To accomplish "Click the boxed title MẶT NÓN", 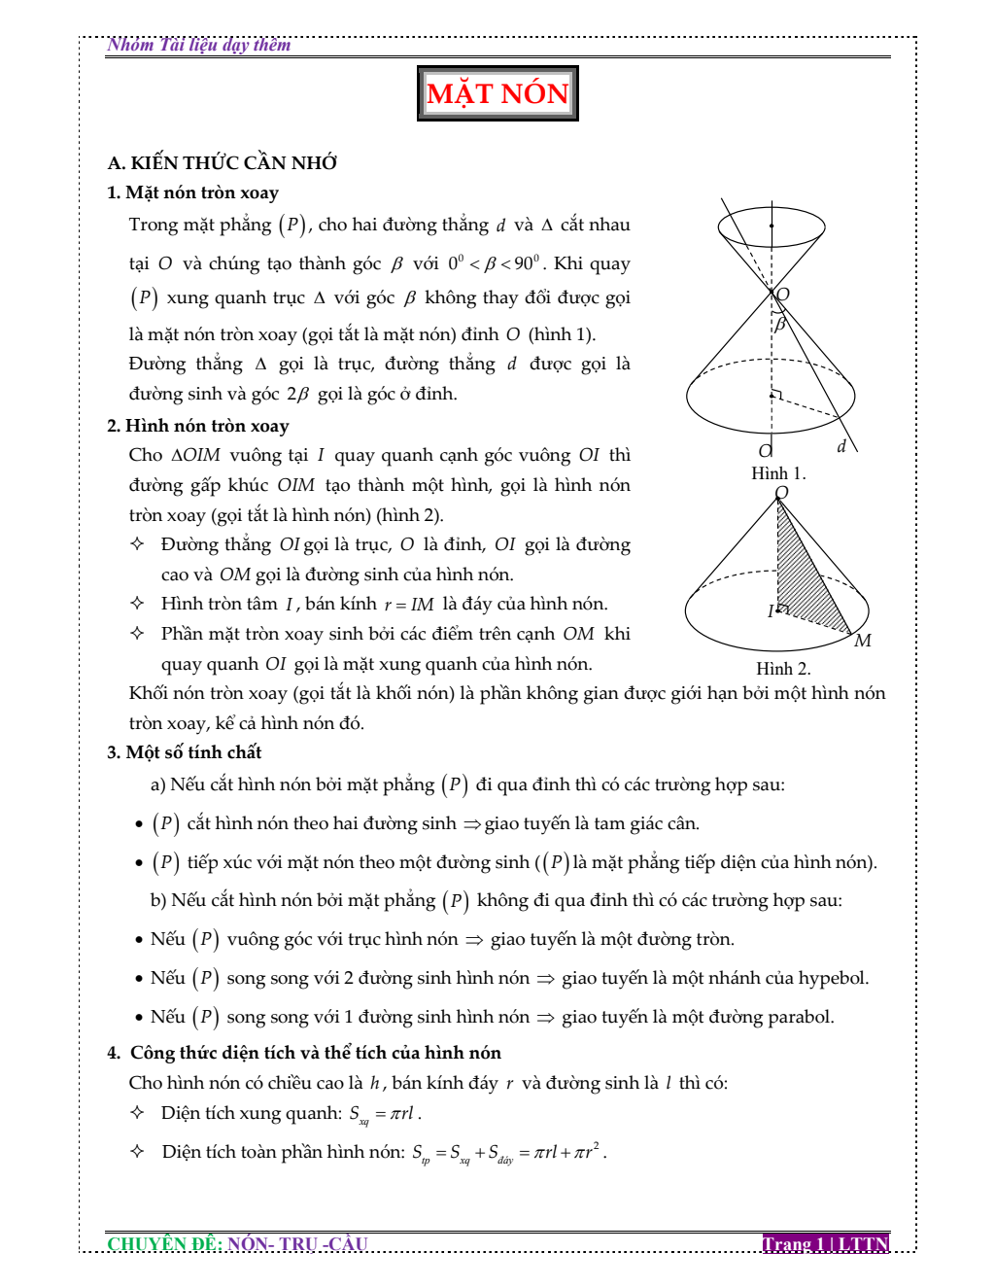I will [497, 93].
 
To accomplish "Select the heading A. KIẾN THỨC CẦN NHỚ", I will [223, 163].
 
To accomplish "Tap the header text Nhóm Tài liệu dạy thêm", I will [199, 45].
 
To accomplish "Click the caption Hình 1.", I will [778, 473].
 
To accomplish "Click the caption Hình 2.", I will [783, 669].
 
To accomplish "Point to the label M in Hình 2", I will [863, 641].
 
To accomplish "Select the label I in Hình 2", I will [771, 611].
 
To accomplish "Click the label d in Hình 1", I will [841, 446].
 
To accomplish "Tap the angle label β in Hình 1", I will [779, 324].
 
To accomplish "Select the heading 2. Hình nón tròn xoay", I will [197, 426].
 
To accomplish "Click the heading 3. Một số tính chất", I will [184, 752].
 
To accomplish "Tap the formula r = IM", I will [409, 605].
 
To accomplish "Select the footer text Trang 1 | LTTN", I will [826, 1243].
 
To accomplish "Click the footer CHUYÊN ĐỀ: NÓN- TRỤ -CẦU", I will [237, 1243].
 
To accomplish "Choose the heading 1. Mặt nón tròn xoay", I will [192, 192].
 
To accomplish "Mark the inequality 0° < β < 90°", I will [495, 263].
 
